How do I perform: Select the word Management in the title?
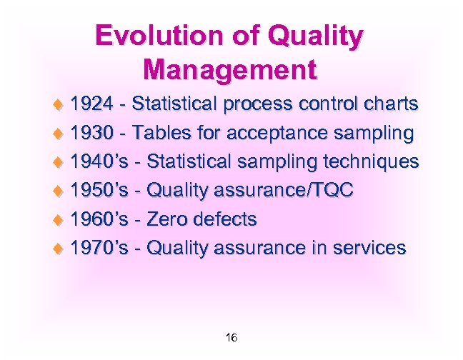(x=229, y=70)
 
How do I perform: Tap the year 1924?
(x=91, y=104)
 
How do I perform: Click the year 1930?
(x=91, y=133)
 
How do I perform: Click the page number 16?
(x=231, y=337)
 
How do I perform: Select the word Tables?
(x=161, y=133)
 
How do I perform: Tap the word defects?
(x=229, y=219)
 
